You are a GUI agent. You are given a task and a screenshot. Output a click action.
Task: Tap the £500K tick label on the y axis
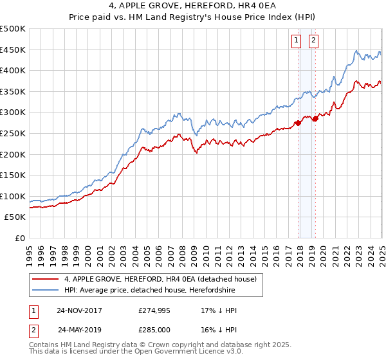tap(13, 29)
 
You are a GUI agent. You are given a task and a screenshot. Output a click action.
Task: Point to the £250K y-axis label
tap(13, 133)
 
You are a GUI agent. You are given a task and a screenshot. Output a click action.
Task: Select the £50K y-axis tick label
tap(15, 217)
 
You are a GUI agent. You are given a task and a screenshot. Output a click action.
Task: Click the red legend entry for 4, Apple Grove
tap(161, 279)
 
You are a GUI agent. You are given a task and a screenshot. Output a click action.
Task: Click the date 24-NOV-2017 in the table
tap(79, 310)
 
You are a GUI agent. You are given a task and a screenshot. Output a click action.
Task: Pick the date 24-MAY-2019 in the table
tap(79, 330)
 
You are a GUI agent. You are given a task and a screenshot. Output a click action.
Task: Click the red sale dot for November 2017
tap(298, 123)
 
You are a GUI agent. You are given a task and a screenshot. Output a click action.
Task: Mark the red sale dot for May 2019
tap(315, 119)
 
